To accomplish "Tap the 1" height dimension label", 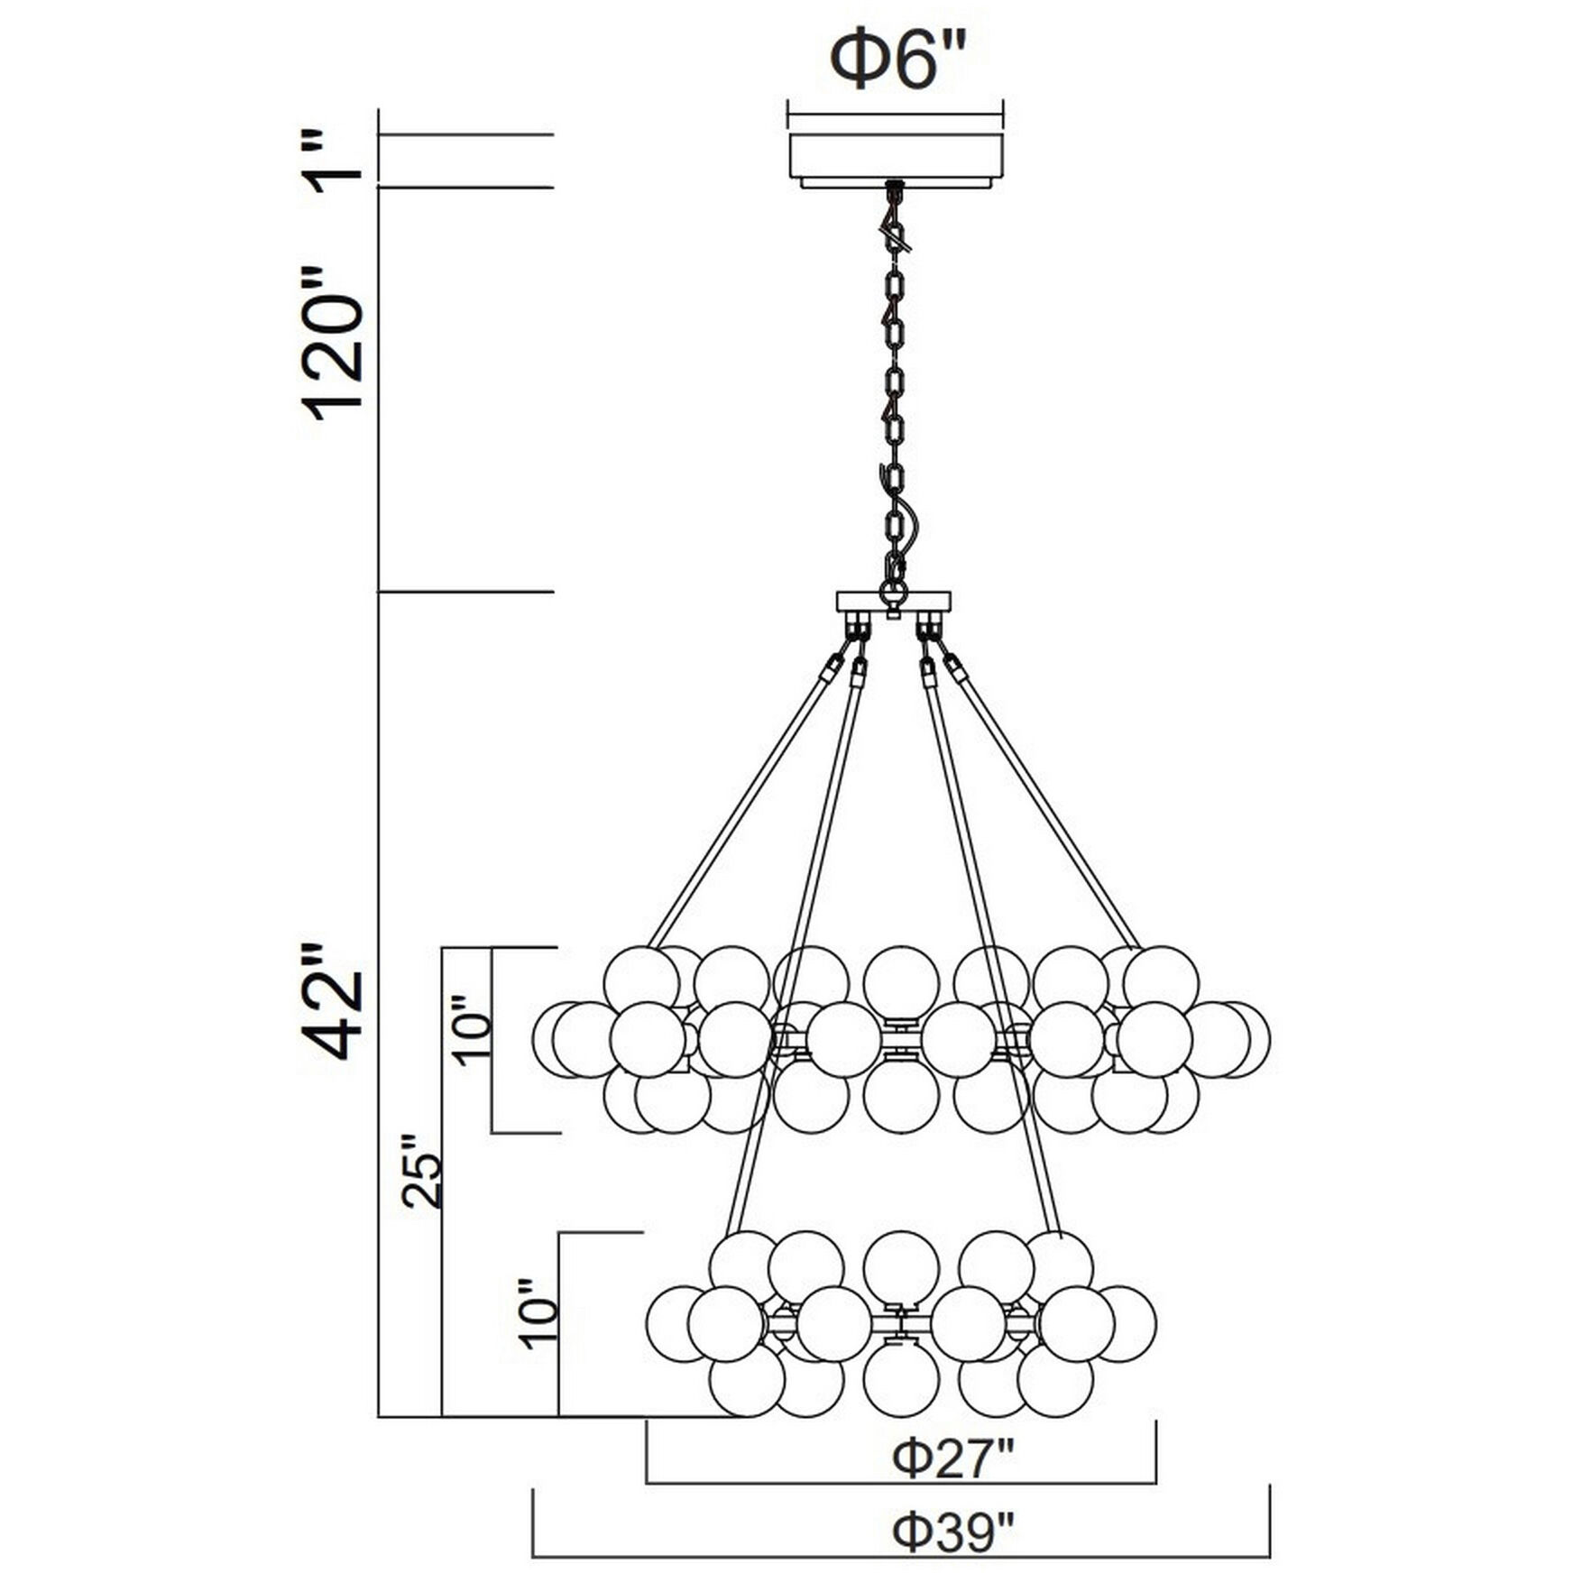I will pos(336,162).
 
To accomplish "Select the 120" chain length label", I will pos(336,343).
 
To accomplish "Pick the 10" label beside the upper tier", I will pos(473,1031).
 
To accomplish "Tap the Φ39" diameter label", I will pos(954,1532).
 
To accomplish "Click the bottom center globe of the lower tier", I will pos(900,1381).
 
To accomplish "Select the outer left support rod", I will pos(743,803).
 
